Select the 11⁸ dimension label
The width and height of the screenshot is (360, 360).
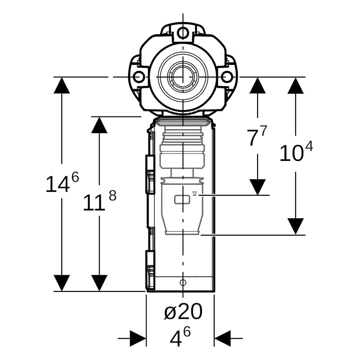(x=99, y=200)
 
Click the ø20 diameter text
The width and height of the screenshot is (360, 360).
(x=184, y=311)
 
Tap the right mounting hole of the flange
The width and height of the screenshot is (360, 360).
(x=227, y=77)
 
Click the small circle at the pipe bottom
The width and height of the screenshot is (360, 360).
(x=183, y=282)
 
